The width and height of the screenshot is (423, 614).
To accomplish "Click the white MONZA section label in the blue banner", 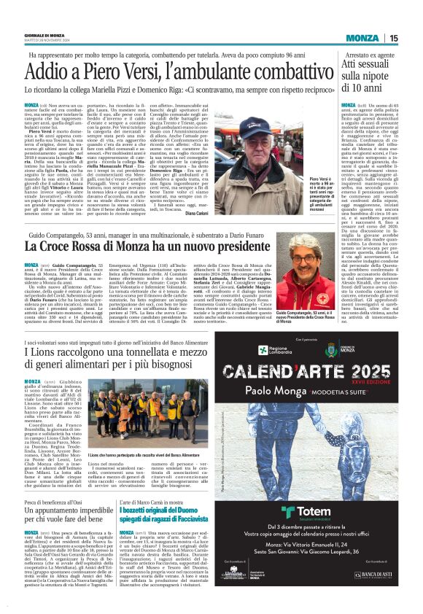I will (x=362, y=38).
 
